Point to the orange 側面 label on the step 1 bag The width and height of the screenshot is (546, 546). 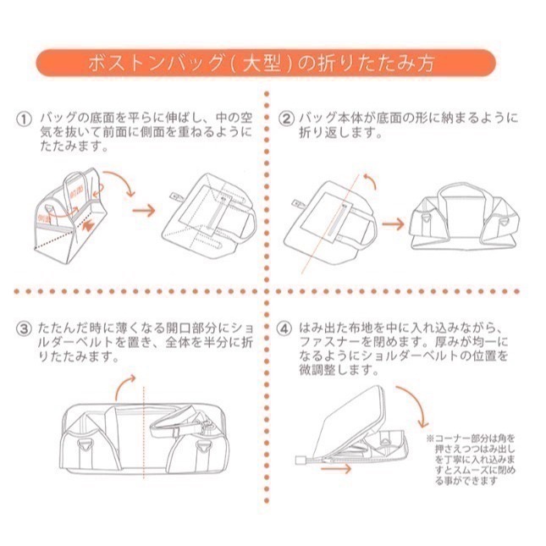tap(44, 219)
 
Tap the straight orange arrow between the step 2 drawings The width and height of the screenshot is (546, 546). tap(393, 223)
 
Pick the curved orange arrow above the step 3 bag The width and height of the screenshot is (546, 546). tap(128, 391)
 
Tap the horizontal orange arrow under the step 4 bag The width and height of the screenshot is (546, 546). tap(339, 466)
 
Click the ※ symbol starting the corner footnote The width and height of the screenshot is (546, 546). tap(430, 439)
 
